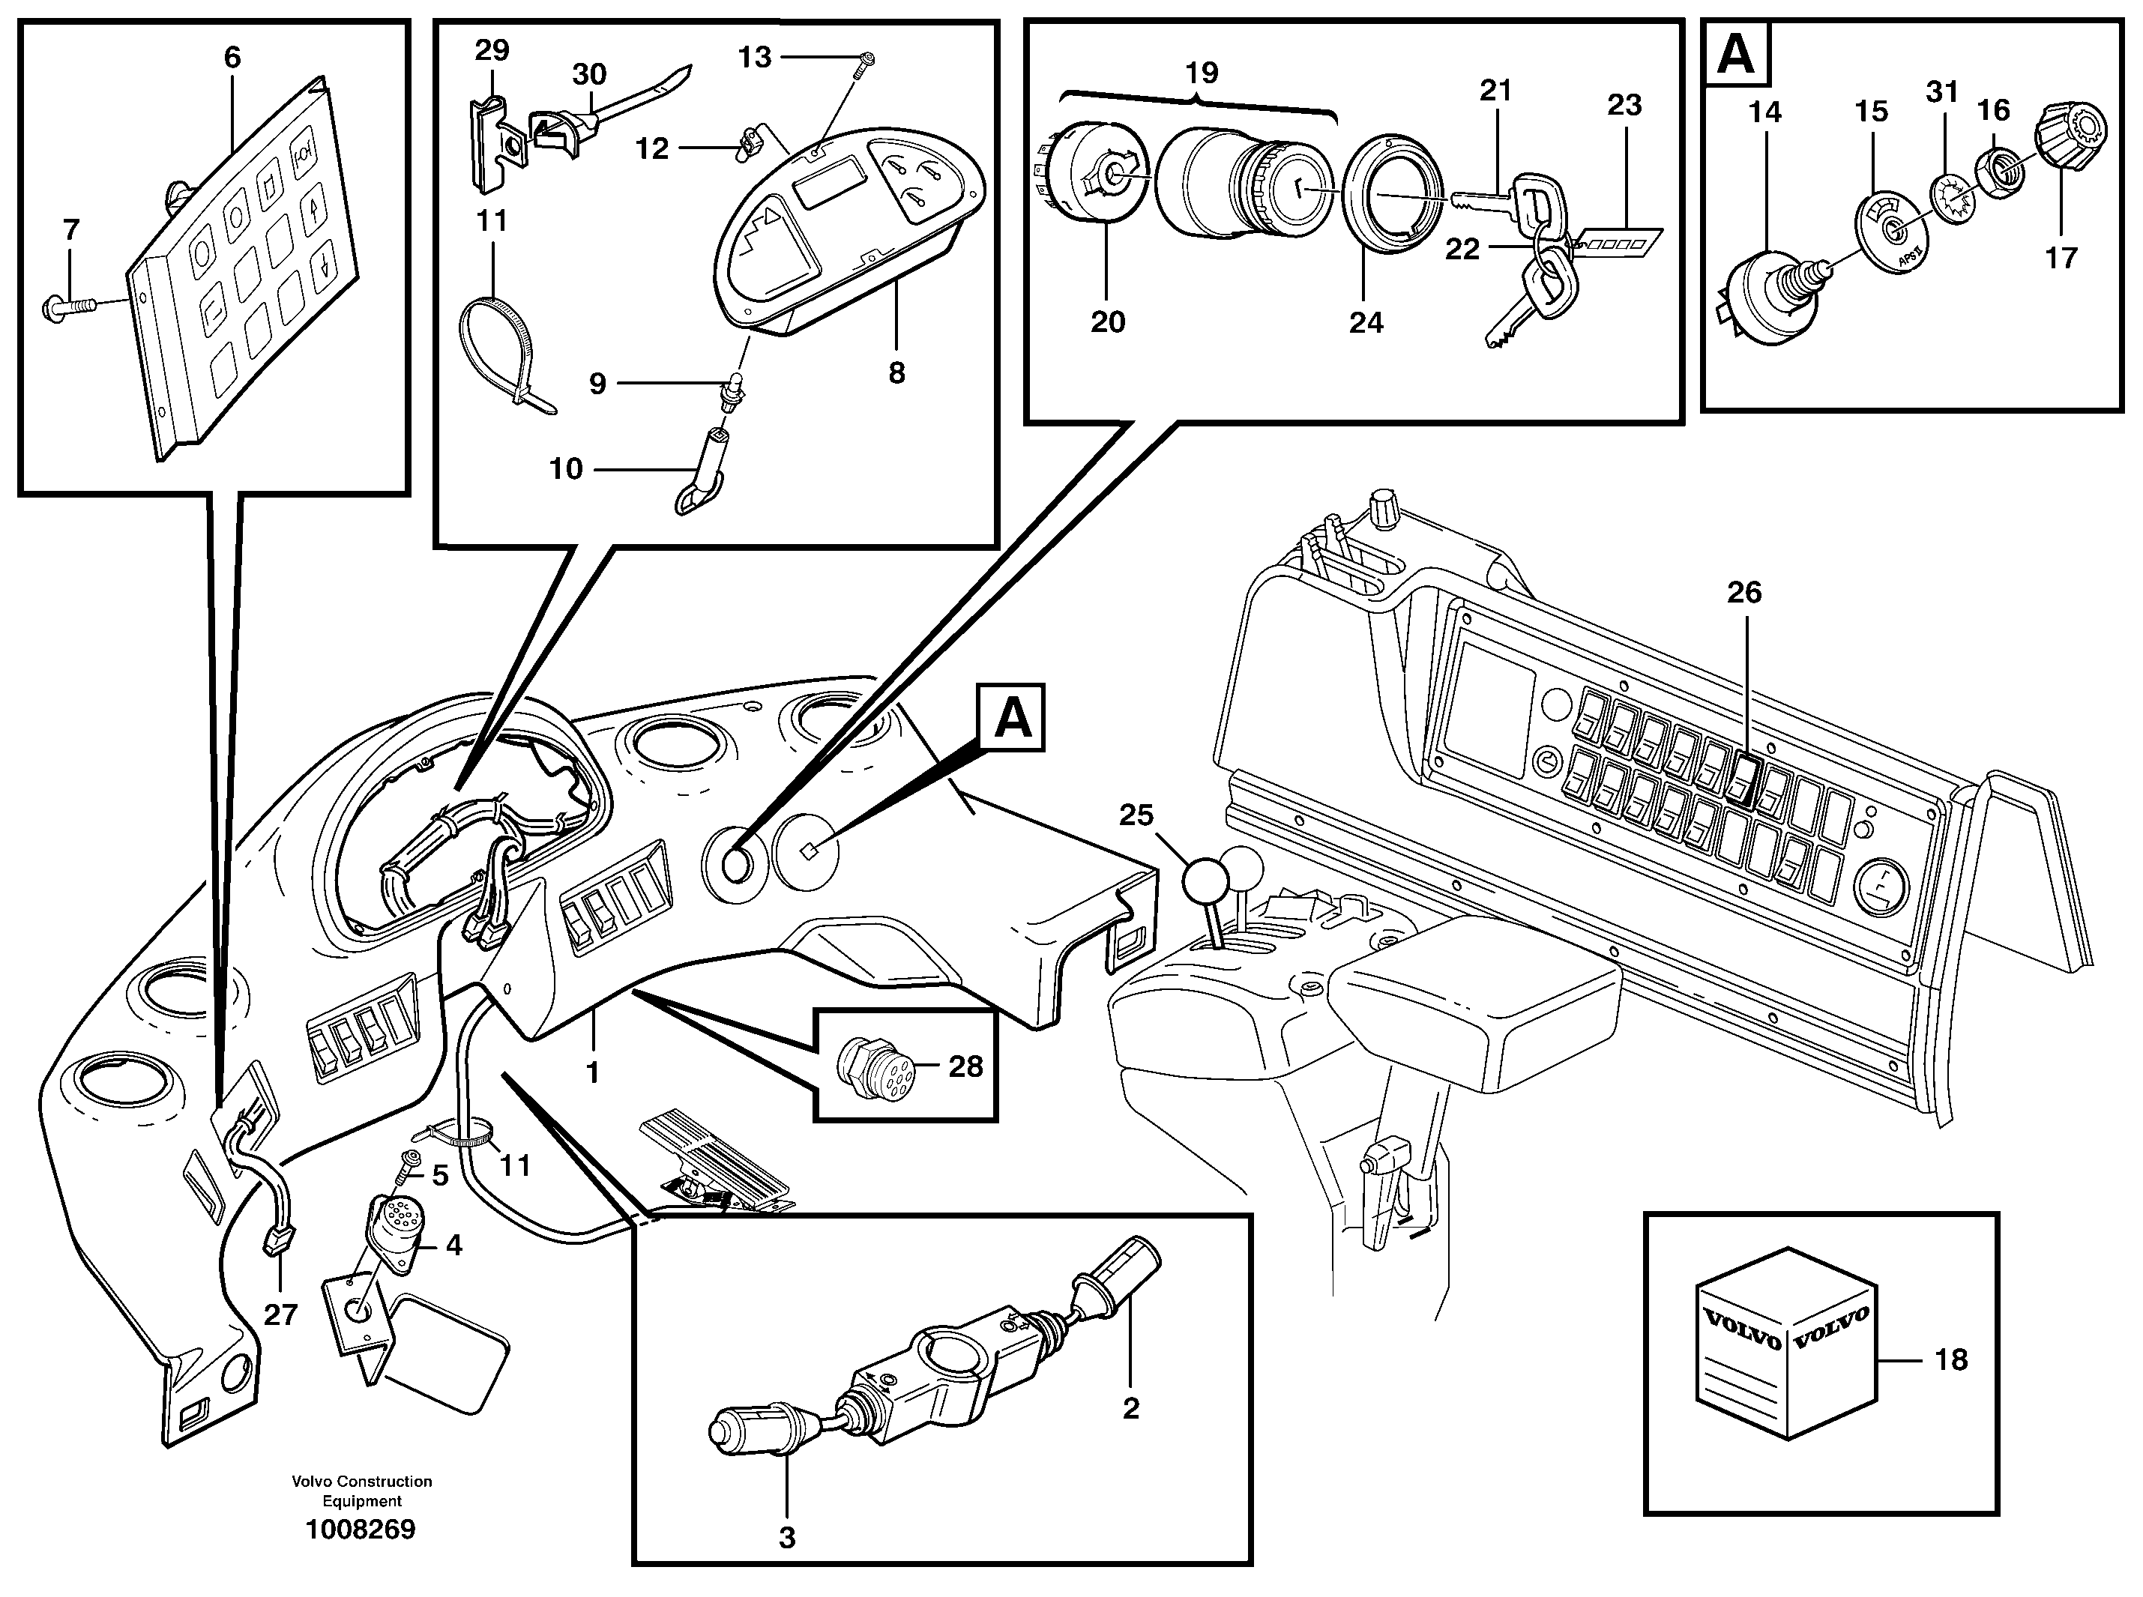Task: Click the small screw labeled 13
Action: (x=863, y=63)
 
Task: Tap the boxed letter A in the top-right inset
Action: (x=1737, y=56)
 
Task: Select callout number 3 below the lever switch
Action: (x=787, y=1537)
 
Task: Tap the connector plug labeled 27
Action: (x=278, y=1243)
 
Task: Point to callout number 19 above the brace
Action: (x=1202, y=73)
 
